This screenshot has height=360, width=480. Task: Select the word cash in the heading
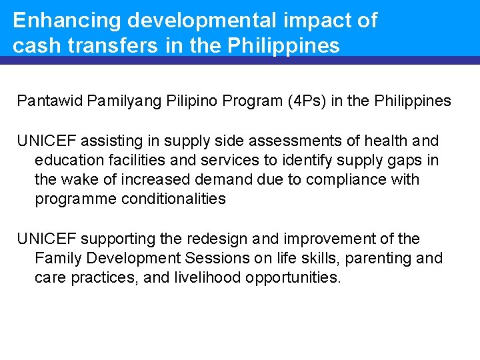[37, 46]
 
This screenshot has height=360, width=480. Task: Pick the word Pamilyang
[116, 101]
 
